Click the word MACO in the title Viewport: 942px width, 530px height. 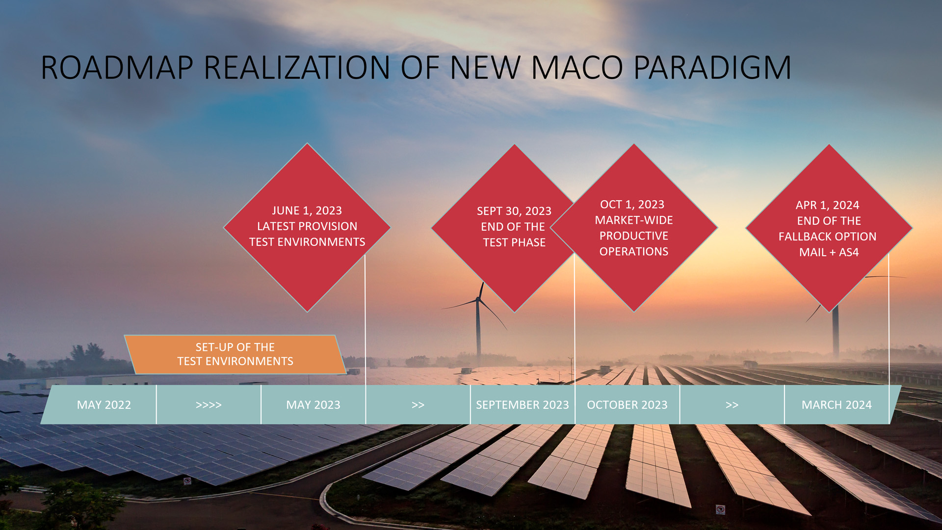[x=577, y=67]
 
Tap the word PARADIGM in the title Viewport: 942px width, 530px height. [x=712, y=67]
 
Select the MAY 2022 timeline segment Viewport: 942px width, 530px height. [x=104, y=405]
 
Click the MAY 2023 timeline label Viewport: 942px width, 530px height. [x=313, y=405]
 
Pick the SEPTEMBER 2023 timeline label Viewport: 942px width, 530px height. [x=523, y=405]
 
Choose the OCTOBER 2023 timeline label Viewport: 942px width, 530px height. [x=627, y=405]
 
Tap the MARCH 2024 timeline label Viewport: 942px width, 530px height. [x=837, y=405]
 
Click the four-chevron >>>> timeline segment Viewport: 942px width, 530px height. [x=209, y=405]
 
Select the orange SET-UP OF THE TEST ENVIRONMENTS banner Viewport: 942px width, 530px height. [x=235, y=354]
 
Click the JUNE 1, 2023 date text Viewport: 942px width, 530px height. [x=307, y=211]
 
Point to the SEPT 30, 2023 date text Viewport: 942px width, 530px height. [x=514, y=211]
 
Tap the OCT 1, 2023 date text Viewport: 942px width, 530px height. [x=632, y=204]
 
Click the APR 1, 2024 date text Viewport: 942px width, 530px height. [x=828, y=205]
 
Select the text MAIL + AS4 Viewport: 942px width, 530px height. [x=829, y=252]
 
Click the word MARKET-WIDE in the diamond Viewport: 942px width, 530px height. [x=634, y=220]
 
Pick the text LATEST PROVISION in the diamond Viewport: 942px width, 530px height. [x=307, y=226]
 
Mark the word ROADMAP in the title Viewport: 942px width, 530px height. [x=117, y=67]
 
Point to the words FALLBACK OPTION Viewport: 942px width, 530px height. [x=827, y=237]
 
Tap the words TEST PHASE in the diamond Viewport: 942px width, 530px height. [x=514, y=242]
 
